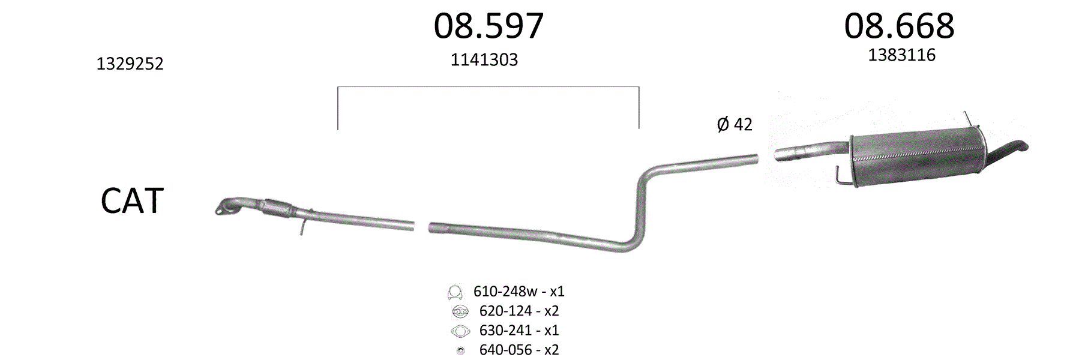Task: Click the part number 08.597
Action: [488, 26]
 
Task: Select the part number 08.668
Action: [899, 26]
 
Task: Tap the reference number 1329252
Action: [130, 64]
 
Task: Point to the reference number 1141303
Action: [484, 59]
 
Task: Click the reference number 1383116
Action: [901, 55]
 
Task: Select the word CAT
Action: [132, 201]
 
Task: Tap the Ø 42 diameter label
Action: [735, 124]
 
